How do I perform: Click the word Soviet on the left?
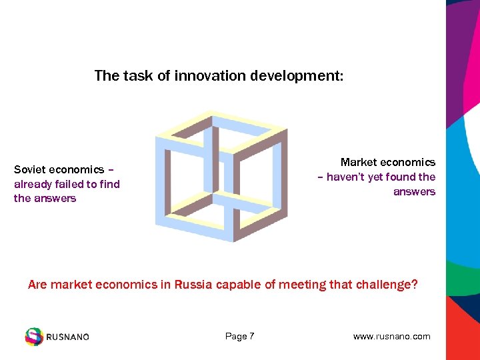point(31,169)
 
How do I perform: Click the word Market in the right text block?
point(360,162)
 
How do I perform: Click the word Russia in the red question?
point(194,285)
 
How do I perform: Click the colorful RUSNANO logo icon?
point(33,336)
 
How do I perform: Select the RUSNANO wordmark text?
point(67,337)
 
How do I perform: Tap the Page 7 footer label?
point(239,336)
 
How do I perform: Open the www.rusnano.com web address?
point(391,336)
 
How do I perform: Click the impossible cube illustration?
point(221,176)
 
